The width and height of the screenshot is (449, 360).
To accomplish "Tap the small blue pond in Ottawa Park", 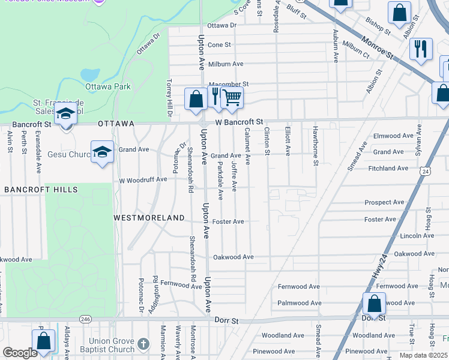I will [90, 75].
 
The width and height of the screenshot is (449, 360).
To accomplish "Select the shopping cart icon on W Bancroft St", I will [232, 98].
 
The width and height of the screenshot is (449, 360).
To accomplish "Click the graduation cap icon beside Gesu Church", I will [102, 152].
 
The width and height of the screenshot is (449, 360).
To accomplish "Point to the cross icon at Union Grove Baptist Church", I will [143, 344].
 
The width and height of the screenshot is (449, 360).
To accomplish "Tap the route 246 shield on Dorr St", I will [86, 320].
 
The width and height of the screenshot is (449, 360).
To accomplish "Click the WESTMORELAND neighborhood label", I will [149, 218].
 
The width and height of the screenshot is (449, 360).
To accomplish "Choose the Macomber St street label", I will [228, 85].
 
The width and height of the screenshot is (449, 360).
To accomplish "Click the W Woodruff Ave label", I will [143, 180].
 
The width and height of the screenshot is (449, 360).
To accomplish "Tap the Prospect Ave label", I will [384, 203].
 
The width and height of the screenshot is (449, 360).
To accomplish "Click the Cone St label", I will [219, 45].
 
